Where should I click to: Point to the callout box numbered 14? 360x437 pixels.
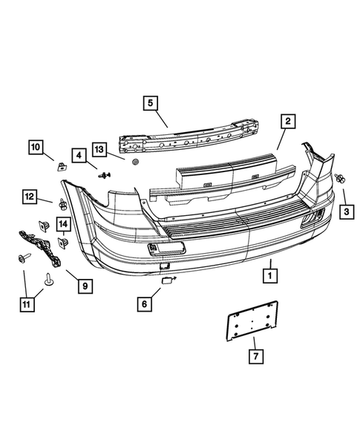click(x=63, y=224)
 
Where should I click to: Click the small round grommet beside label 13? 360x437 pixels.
click(x=135, y=162)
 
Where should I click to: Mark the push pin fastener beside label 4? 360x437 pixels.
click(x=104, y=175)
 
